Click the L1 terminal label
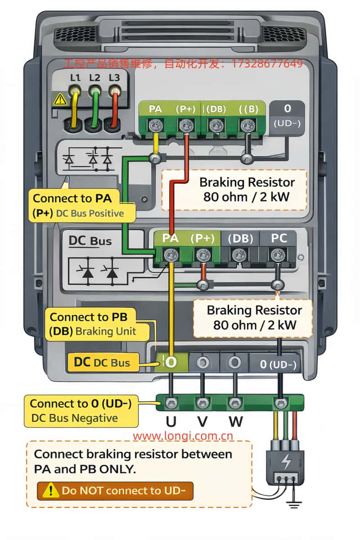point(75,77)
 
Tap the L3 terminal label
point(114,77)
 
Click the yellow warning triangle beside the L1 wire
point(60,99)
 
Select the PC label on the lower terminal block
point(279,238)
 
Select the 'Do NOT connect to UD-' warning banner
point(115,490)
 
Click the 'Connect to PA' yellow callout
point(82,206)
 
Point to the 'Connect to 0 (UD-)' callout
point(81,411)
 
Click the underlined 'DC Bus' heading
point(90,241)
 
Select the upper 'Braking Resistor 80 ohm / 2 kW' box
point(234,190)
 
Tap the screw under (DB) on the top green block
point(215,126)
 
